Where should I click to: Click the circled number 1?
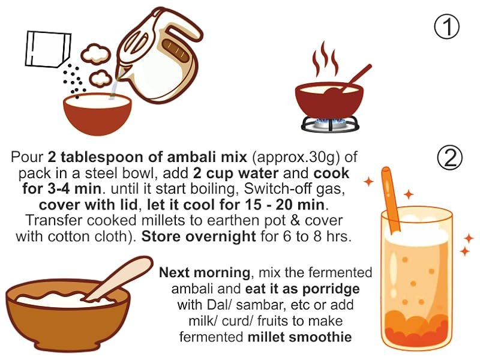pyautogui.click(x=446, y=26)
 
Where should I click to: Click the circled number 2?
pyautogui.click(x=450, y=158)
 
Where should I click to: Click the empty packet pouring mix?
pyautogui.click(x=48, y=49)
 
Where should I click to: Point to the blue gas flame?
pyautogui.click(x=330, y=122)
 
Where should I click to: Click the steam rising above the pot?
pyautogui.click(x=325, y=59)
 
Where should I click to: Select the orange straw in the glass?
pyautogui.click(x=391, y=200)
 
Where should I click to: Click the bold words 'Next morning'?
pyautogui.click(x=205, y=272)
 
